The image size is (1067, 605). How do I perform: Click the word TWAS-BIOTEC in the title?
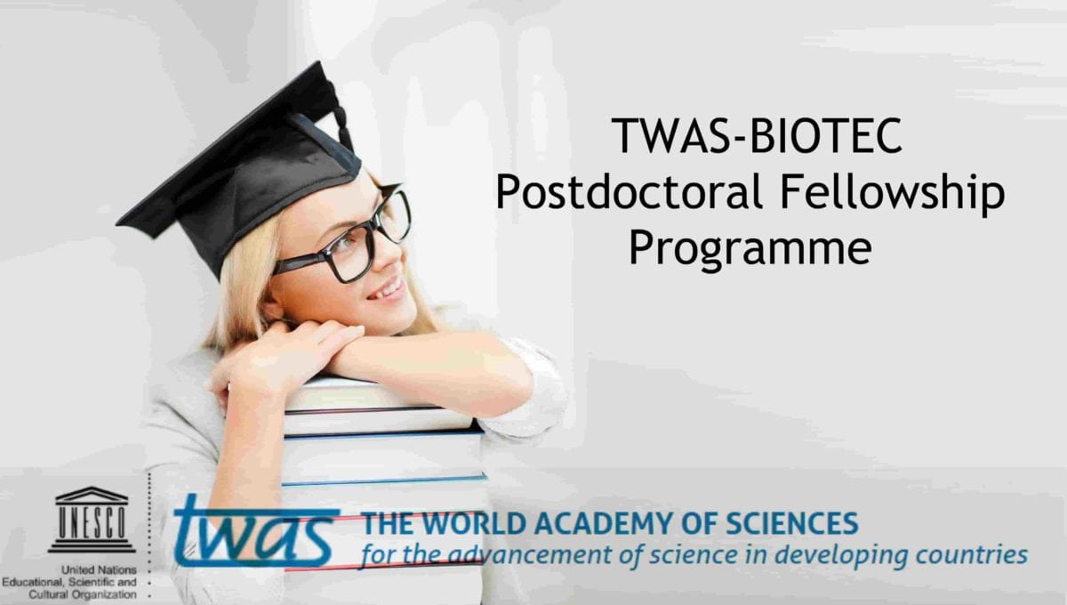pyautogui.click(x=757, y=135)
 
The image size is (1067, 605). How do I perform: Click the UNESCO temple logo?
pyautogui.click(x=92, y=520)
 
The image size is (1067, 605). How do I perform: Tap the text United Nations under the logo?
pyautogui.click(x=99, y=569)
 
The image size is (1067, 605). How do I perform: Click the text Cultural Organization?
pyautogui.click(x=83, y=594)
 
